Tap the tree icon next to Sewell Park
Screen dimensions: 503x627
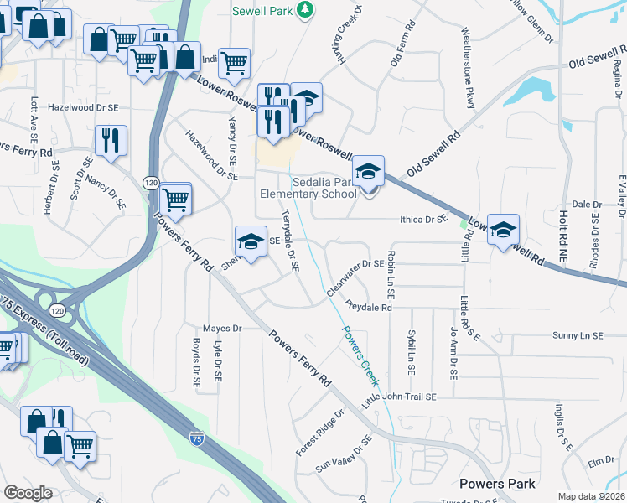tap(308, 9)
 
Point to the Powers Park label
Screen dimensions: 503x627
tap(497, 484)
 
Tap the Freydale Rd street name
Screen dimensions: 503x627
tap(368, 308)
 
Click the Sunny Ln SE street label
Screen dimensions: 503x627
tap(578, 335)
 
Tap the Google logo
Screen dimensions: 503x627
tap(28, 493)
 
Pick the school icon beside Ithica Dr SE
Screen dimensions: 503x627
tap(503, 231)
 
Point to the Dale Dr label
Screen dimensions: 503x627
tap(587, 205)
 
